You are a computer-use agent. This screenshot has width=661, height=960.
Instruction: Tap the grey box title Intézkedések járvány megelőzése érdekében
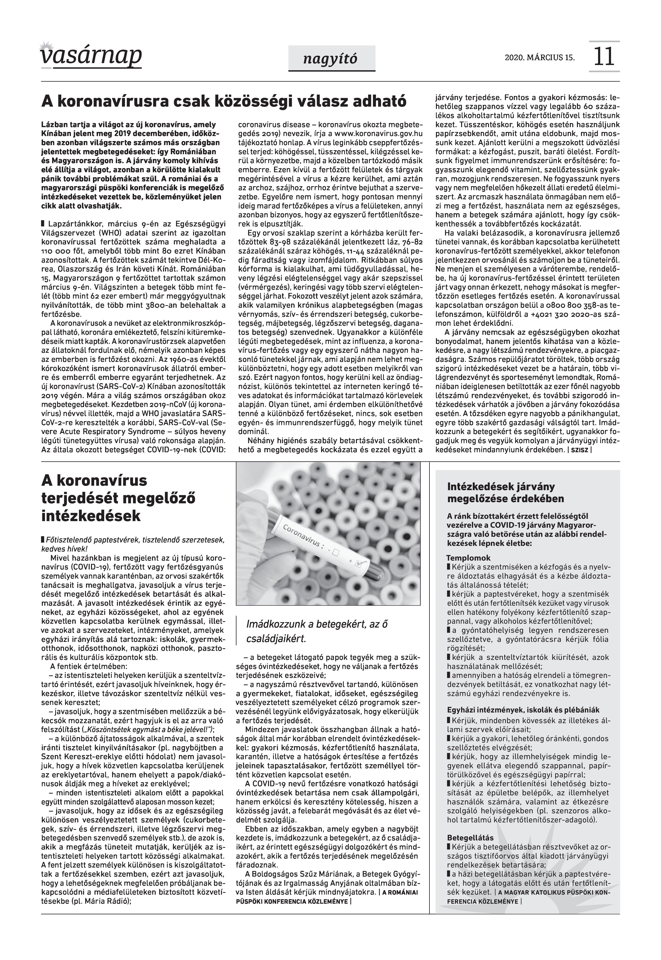[x=506, y=492]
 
